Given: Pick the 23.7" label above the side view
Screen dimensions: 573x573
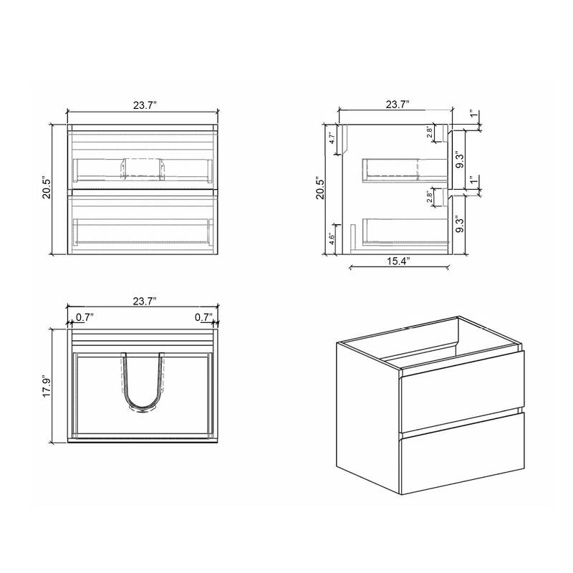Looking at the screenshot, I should click(397, 104).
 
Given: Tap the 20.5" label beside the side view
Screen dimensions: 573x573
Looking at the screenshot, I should click(322, 189).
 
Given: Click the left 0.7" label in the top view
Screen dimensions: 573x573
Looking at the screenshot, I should click(84, 315).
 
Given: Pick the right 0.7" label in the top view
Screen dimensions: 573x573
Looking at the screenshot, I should click(205, 315).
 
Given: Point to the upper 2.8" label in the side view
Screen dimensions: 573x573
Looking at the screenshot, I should click(429, 132).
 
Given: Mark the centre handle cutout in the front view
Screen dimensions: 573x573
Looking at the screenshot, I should click(143, 168).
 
